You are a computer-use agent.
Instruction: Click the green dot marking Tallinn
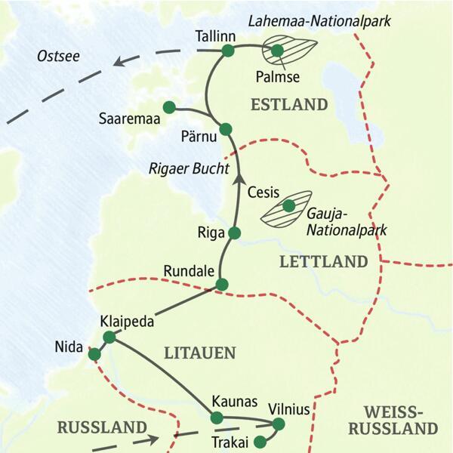[x=227, y=51]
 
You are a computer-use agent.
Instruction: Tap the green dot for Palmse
[x=277, y=51]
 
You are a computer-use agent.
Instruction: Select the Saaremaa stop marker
[x=168, y=107]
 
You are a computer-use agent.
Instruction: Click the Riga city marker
[x=234, y=233]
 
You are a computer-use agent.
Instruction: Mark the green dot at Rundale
[x=221, y=285]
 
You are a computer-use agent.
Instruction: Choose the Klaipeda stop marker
[x=109, y=337]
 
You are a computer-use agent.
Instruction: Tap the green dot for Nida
[x=95, y=354]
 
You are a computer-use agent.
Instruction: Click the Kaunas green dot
[x=217, y=418]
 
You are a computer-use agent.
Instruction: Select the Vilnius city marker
[x=278, y=425]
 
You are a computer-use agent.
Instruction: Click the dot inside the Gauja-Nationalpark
[x=288, y=205]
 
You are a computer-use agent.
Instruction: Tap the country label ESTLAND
[x=290, y=104]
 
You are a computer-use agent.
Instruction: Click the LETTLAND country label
[x=323, y=262]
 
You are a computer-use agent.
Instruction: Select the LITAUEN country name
[x=200, y=353]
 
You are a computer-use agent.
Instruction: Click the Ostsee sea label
[x=57, y=57]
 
